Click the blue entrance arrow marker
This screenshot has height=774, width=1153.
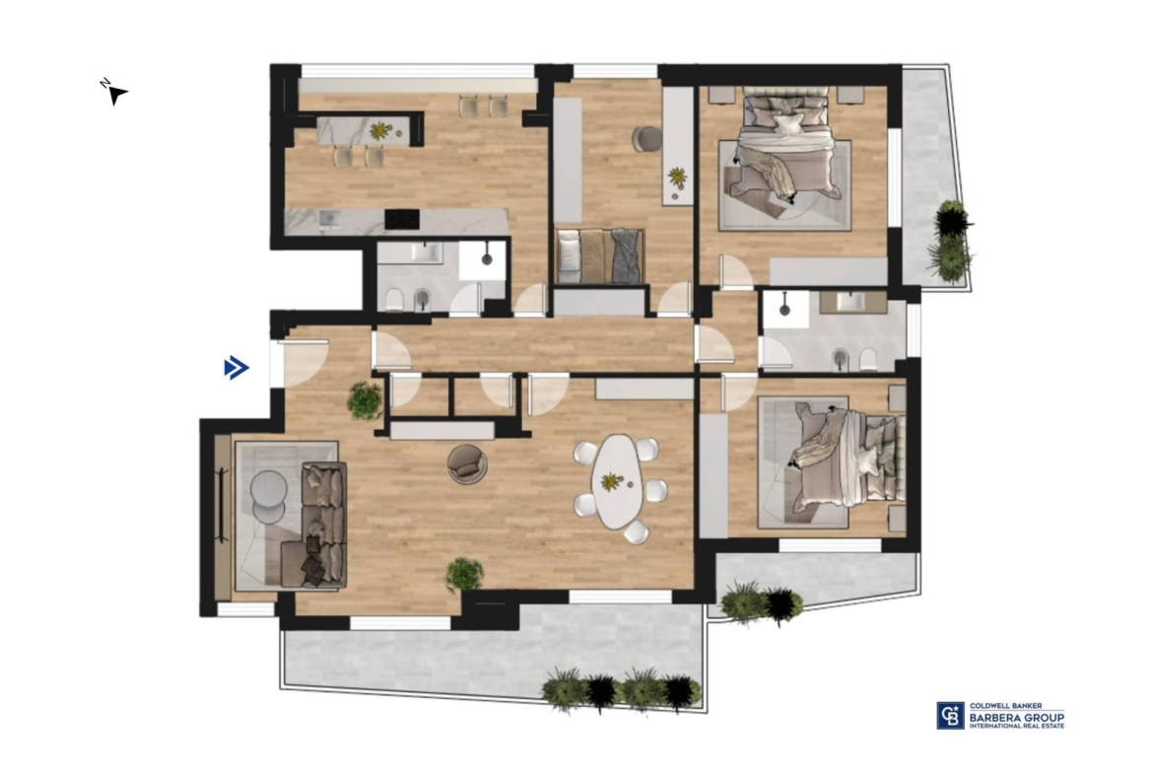[237, 367]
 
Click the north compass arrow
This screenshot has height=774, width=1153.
[115, 94]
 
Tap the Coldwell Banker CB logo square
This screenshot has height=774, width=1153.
[950, 715]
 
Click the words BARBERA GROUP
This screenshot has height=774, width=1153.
[1016, 717]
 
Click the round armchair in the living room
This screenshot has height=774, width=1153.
[467, 464]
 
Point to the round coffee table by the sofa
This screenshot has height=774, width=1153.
[268, 494]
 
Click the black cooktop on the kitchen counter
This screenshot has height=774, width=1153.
[402, 219]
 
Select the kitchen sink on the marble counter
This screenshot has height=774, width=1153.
[329, 219]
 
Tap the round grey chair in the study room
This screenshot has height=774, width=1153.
[647, 139]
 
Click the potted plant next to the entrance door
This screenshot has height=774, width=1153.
[365, 401]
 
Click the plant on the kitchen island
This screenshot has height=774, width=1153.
[378, 131]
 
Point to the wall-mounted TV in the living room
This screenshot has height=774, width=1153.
[222, 505]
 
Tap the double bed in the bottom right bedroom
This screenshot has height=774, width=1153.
[846, 461]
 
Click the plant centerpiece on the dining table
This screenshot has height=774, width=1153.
[610, 482]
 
